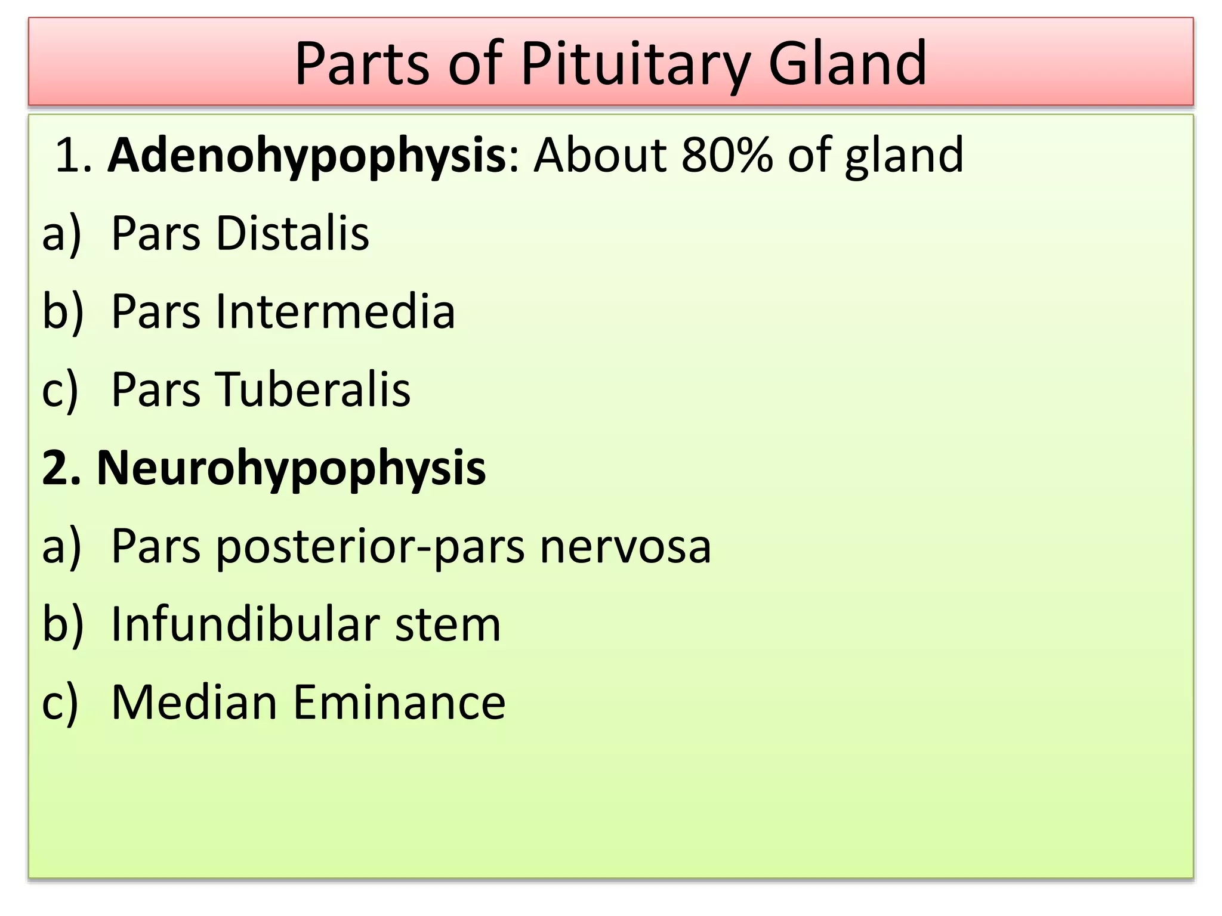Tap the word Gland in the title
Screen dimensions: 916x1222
(847, 63)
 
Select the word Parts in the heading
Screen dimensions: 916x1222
(362, 63)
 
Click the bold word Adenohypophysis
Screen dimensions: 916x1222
(307, 156)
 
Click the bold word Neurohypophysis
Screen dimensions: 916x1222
(291, 469)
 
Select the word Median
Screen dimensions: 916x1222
(195, 702)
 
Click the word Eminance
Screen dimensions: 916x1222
(399, 702)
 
